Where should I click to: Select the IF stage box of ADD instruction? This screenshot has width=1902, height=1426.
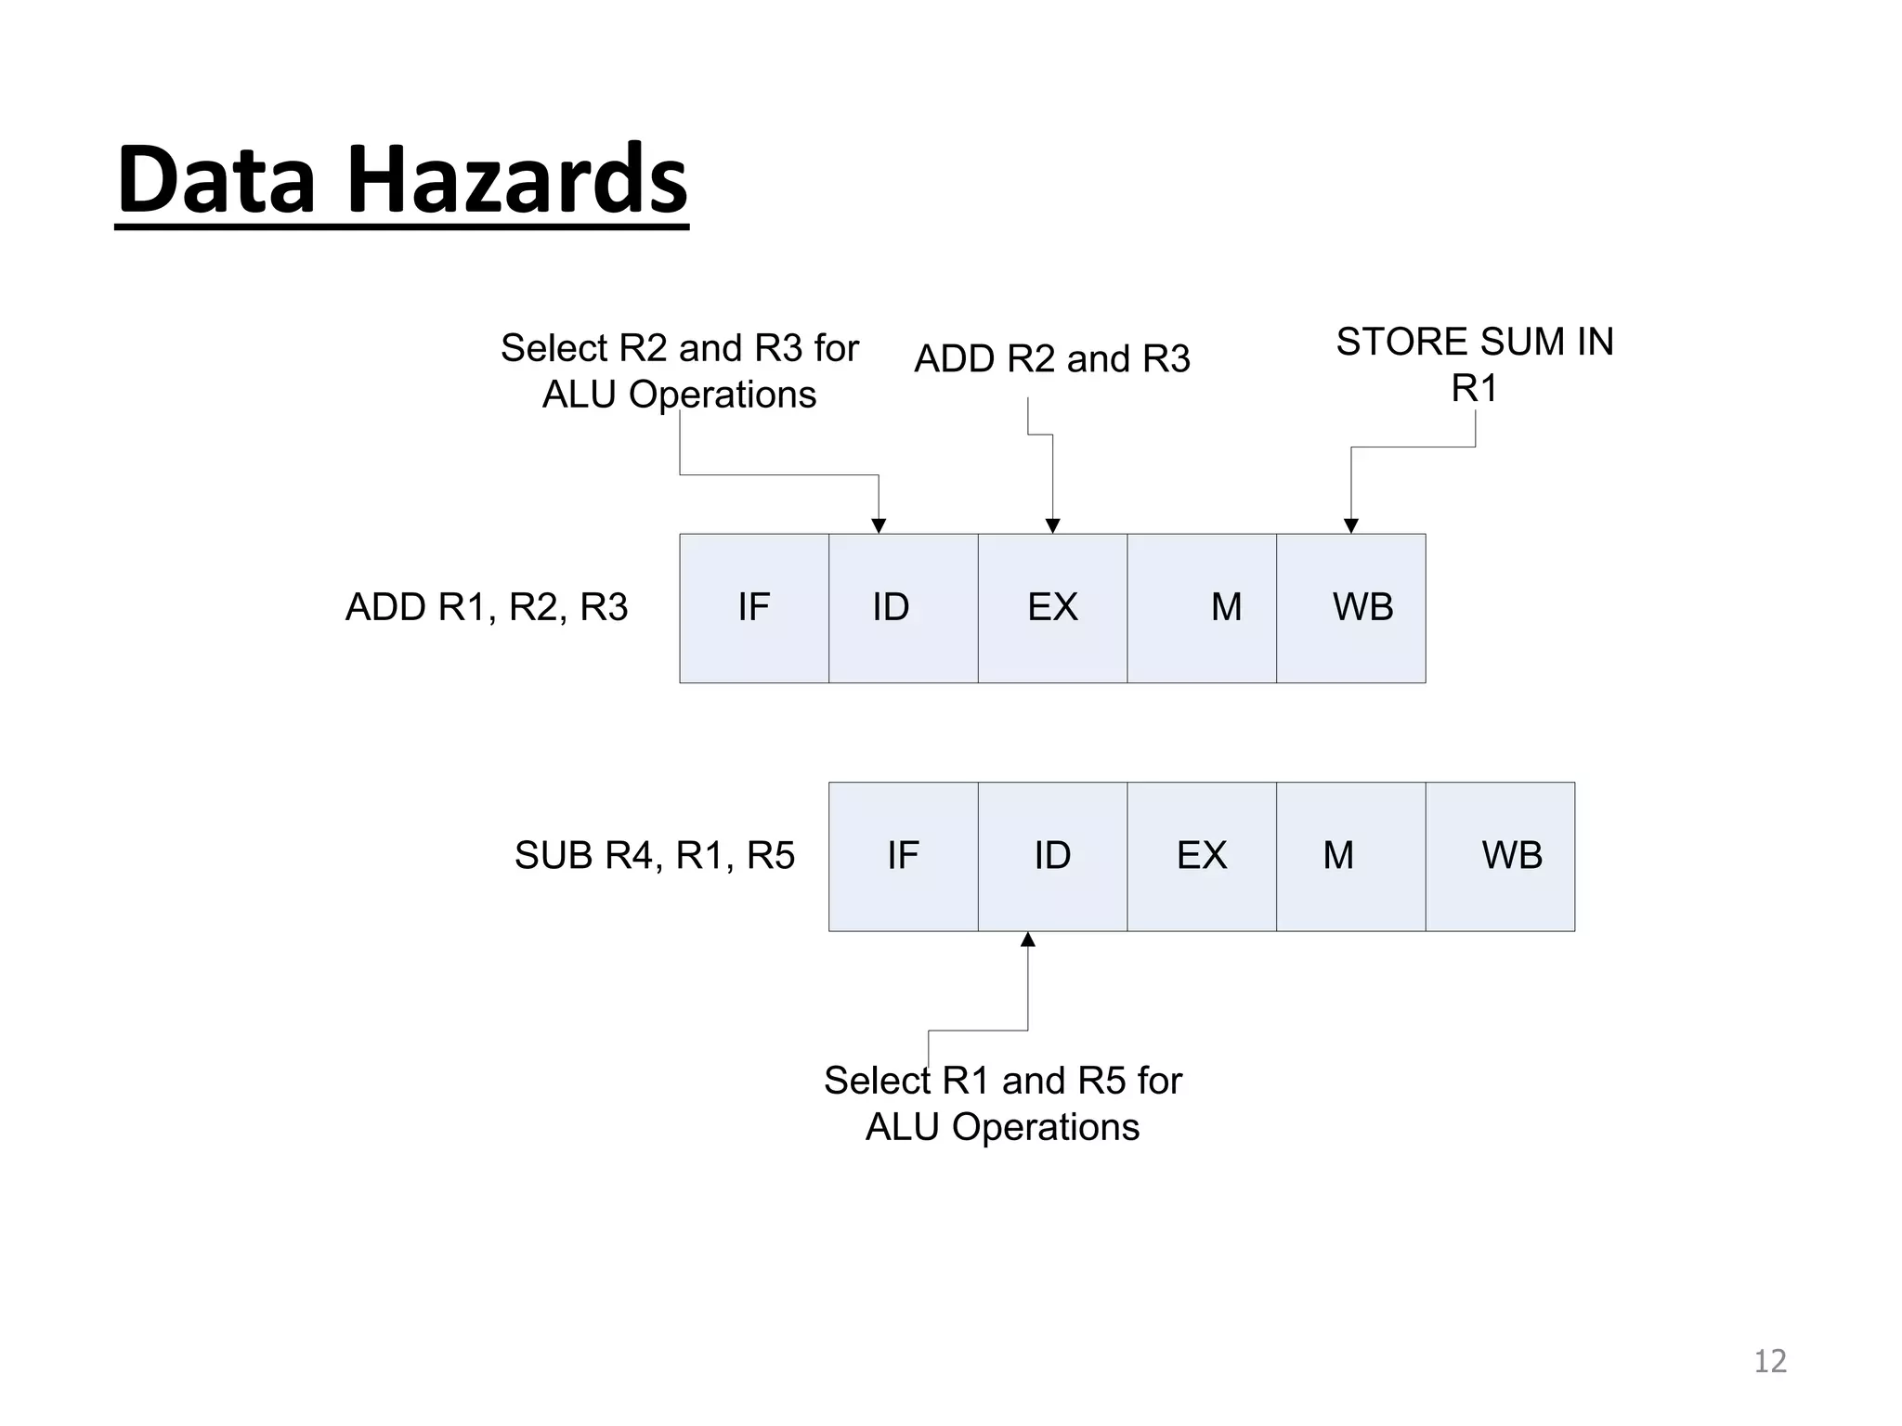click(753, 608)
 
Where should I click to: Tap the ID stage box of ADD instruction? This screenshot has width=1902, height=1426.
click(902, 608)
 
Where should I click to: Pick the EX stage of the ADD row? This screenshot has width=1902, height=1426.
click(1051, 608)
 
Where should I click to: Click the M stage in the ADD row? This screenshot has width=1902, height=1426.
click(1201, 608)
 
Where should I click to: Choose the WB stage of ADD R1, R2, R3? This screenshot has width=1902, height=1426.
click(1350, 608)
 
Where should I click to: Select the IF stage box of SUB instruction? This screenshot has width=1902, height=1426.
click(902, 856)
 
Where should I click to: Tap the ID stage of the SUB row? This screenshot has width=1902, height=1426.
click(1051, 856)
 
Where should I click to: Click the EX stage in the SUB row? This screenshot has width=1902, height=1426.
click(1201, 856)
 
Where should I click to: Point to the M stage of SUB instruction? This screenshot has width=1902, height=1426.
click(1350, 856)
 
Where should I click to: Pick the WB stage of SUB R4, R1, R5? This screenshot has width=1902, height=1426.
click(1500, 856)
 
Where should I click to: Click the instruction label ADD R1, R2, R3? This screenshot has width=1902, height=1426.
click(487, 608)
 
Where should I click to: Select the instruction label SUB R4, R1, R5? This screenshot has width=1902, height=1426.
click(655, 856)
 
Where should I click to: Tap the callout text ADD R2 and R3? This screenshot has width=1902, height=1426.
click(1051, 359)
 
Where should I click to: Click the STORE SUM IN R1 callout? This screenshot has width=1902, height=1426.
click(1474, 364)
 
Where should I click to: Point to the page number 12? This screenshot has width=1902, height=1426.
click(1769, 1361)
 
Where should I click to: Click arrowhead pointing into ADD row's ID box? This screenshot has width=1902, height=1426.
click(879, 526)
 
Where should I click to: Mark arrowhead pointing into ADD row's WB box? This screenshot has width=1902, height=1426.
click(1351, 526)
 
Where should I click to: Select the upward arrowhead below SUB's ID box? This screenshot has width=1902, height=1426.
click(1028, 940)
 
